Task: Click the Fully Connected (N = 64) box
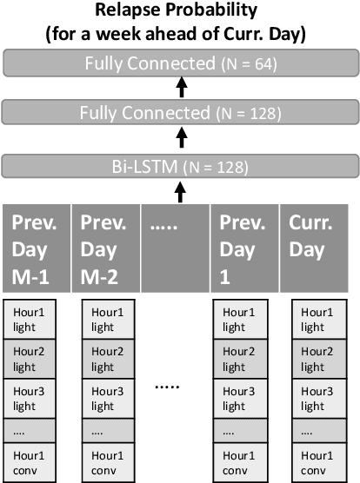(179, 63)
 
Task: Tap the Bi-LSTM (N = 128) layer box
(179, 165)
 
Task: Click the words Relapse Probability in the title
(180, 11)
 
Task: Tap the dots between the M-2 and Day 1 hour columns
(177, 387)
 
